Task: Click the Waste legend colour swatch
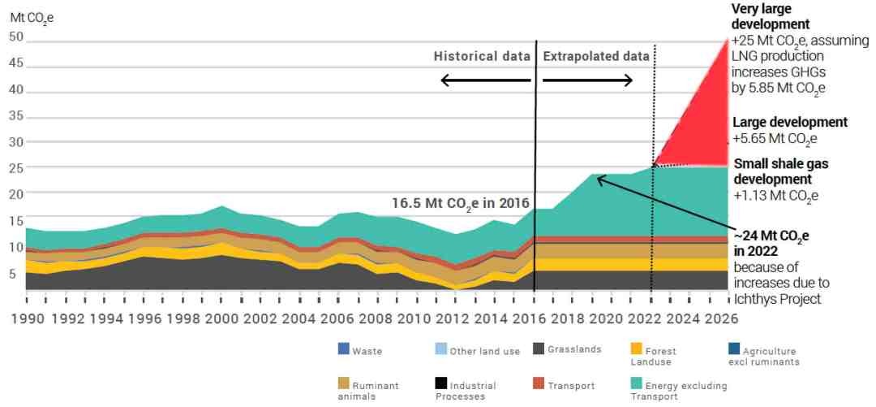pos(344,349)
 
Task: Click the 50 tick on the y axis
pos(16,37)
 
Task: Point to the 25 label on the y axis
pos(16,168)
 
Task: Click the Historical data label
pos(482,57)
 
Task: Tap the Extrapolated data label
pos(596,57)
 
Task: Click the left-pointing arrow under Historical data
pos(485,80)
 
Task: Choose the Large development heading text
pos(790,123)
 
